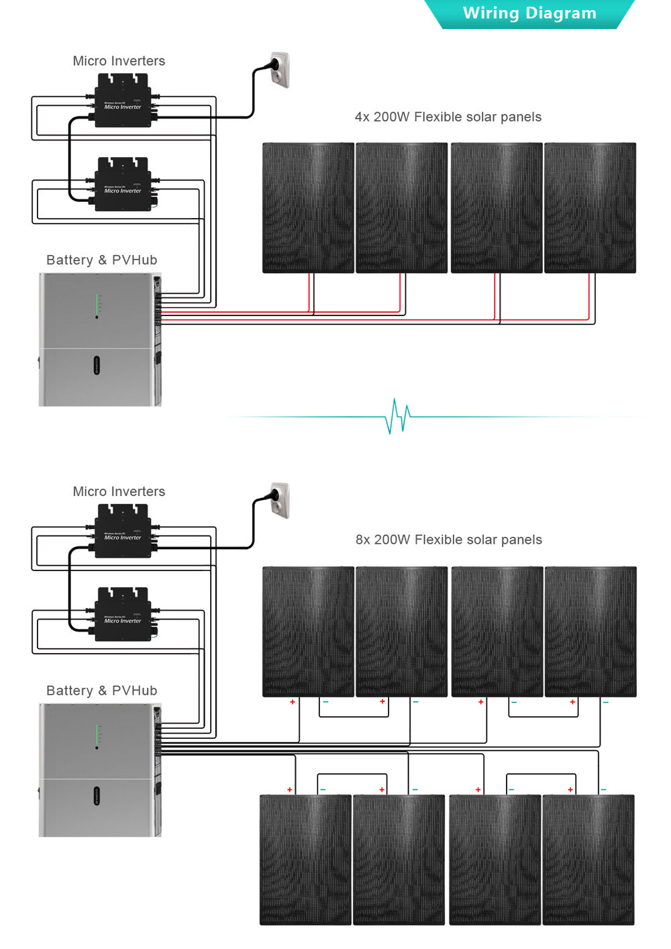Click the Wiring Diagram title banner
tap(529, 14)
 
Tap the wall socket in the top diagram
tap(279, 70)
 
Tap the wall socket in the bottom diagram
tap(279, 501)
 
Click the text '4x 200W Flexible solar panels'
tap(448, 117)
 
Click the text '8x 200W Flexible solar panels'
tap(448, 540)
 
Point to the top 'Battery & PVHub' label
tap(101, 260)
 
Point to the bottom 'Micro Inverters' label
tap(119, 491)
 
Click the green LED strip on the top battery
tap(97, 303)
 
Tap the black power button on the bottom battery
tap(96, 796)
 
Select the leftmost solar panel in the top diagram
tap(307, 207)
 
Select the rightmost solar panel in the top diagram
tap(590, 207)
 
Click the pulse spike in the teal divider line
tap(397, 416)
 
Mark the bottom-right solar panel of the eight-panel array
tap(588, 860)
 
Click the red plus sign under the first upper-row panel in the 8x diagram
tap(293, 702)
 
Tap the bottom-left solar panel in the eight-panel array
tap(305, 860)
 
